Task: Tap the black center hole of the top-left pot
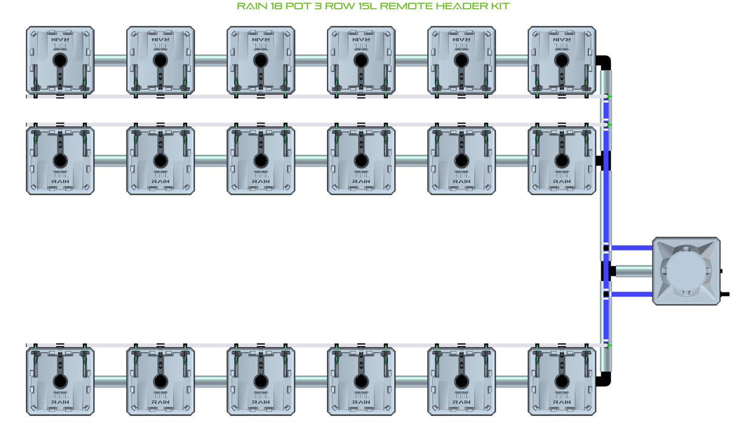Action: [60, 60]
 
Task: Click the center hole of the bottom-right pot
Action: [562, 381]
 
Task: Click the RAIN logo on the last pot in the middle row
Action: [562, 181]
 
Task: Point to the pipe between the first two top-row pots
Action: [110, 60]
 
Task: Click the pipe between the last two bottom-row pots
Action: [511, 381]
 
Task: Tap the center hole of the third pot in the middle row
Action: [261, 161]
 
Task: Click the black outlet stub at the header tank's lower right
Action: [725, 294]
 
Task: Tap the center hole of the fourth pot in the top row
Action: [361, 60]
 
